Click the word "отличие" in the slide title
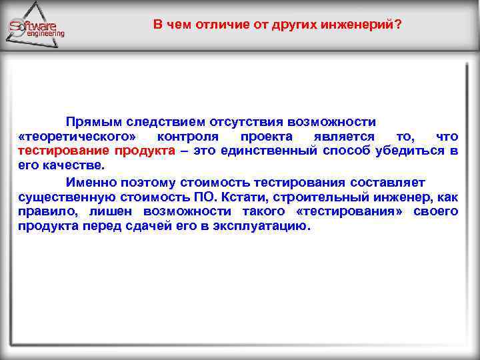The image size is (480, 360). pos(210,25)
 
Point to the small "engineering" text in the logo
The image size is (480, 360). pos(45,33)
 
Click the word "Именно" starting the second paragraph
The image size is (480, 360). pos(88,183)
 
